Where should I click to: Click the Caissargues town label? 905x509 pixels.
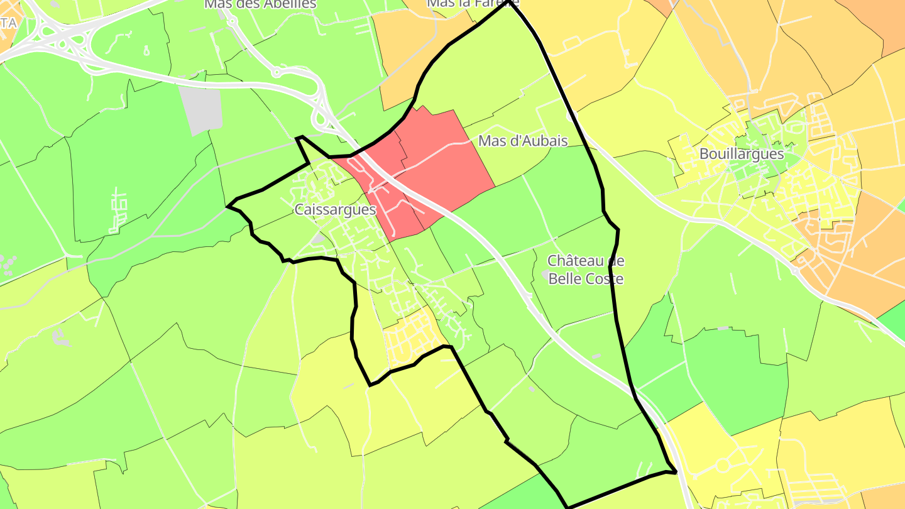coord(335,209)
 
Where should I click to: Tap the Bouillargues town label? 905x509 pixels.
coord(742,154)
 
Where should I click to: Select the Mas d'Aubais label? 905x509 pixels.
coord(523,141)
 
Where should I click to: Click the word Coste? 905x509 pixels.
coord(603,278)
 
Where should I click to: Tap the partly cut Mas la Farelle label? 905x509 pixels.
coord(473,4)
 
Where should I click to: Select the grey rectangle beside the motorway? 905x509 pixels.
coord(200,110)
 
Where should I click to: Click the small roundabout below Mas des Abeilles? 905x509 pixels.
coord(276,73)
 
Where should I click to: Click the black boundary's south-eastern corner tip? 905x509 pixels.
coord(676,472)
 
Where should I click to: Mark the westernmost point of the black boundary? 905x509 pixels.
coord(227,205)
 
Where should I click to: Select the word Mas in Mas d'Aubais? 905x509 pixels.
coord(490,141)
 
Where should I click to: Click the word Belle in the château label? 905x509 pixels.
coord(564,278)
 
